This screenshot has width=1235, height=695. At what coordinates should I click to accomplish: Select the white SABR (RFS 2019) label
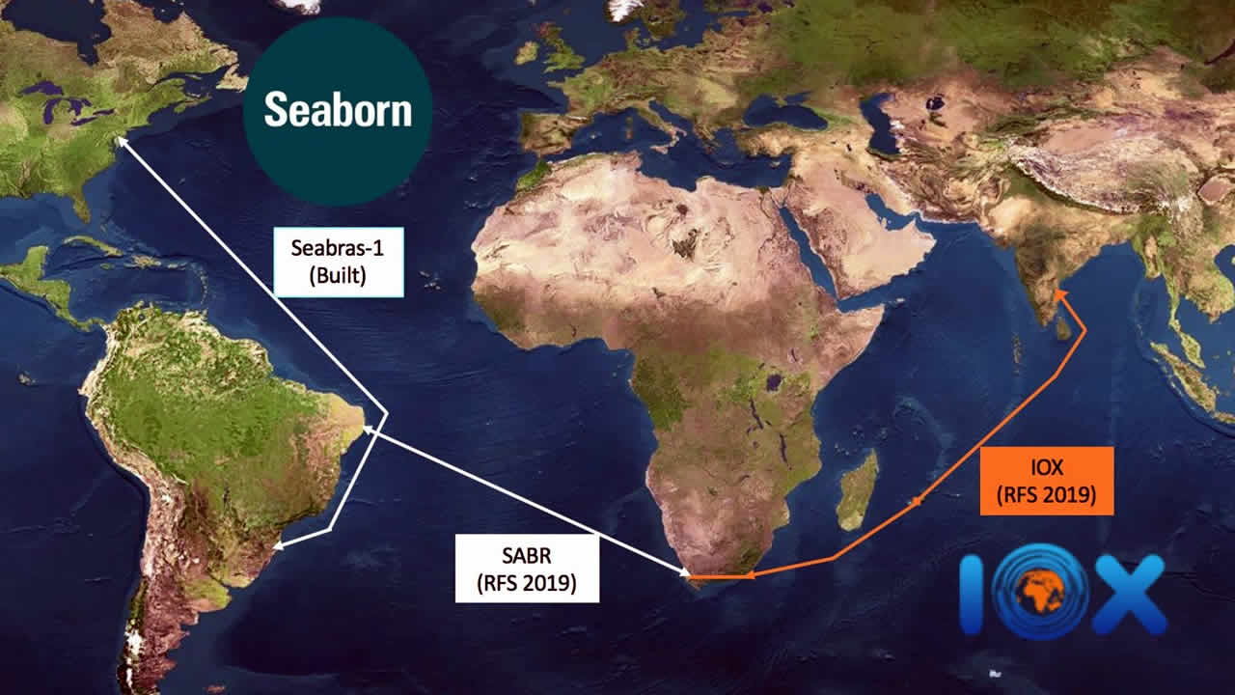point(527,570)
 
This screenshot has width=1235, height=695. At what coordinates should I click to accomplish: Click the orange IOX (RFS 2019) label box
point(1047,481)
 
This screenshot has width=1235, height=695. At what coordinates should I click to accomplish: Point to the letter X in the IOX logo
point(1128,595)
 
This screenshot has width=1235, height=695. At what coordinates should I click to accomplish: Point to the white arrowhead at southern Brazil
point(280,545)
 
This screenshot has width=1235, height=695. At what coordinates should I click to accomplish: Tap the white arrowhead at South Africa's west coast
point(686,576)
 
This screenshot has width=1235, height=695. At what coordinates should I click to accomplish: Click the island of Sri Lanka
point(1062,328)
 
